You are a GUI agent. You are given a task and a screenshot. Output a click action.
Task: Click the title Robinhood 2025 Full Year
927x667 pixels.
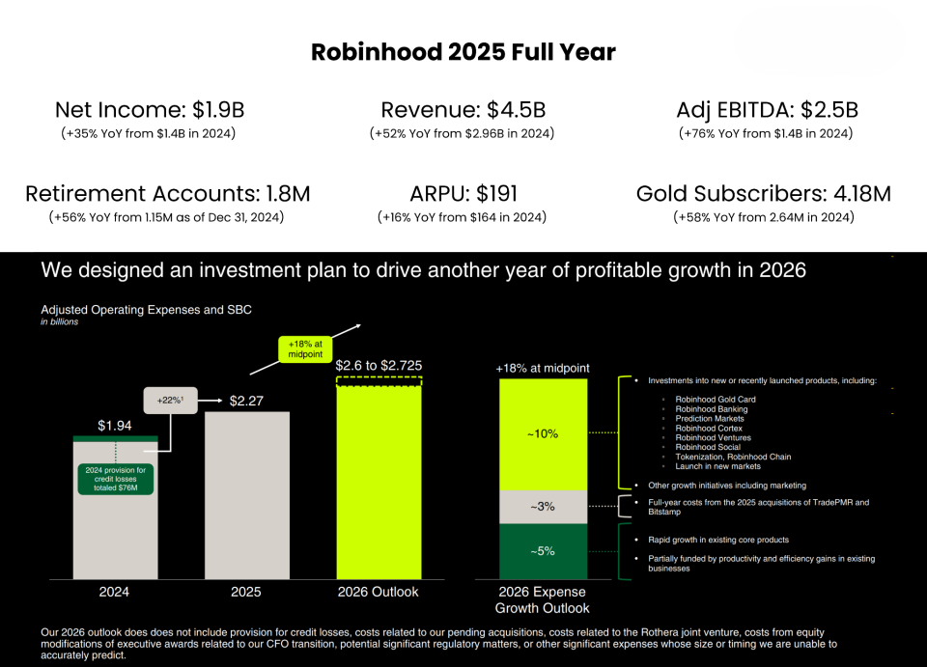point(463,52)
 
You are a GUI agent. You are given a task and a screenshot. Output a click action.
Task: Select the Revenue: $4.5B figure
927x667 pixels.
point(462,110)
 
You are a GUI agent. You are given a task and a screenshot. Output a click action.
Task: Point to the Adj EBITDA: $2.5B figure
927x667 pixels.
point(767,110)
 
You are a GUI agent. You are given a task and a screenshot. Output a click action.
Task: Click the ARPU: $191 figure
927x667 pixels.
point(462,194)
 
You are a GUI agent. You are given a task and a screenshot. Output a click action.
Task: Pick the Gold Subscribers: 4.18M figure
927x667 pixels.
point(763,194)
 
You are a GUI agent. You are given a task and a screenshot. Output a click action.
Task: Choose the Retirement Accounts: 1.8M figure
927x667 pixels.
point(168,194)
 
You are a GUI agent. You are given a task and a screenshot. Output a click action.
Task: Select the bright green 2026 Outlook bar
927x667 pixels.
point(379,483)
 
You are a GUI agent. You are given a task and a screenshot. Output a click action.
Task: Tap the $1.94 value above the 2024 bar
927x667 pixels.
point(114,425)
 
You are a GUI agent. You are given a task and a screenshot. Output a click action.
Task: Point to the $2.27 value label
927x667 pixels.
point(246,401)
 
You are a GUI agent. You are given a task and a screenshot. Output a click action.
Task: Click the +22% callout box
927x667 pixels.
point(170,400)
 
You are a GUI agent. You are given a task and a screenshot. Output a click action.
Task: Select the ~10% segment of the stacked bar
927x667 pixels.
point(542,433)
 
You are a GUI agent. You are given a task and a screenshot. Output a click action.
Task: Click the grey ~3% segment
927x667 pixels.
point(542,507)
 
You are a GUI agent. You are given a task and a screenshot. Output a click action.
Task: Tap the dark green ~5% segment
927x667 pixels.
point(542,551)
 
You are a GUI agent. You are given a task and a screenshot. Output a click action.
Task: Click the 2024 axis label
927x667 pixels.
point(114,592)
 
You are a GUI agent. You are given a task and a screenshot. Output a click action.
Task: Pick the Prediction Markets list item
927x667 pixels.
point(710,419)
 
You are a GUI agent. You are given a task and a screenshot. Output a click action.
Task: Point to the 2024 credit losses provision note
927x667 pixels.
point(115,477)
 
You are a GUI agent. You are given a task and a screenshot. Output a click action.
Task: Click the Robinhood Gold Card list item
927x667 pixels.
point(714,400)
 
